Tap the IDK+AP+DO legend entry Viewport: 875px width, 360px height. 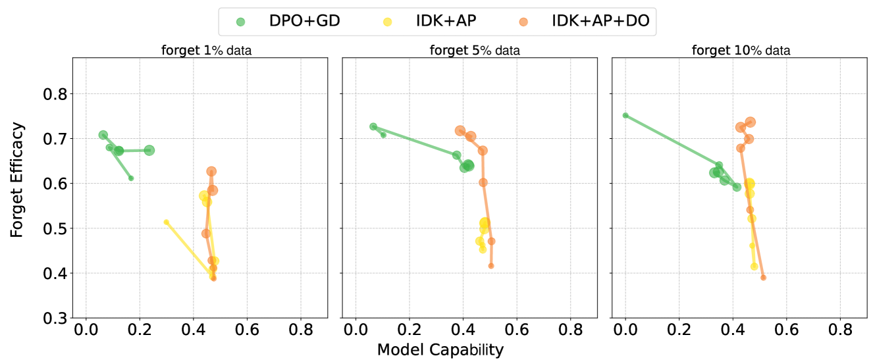(x=579, y=21)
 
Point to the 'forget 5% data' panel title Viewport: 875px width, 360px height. (x=475, y=50)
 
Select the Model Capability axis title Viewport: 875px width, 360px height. (x=440, y=349)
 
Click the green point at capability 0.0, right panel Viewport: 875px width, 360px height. (x=625, y=115)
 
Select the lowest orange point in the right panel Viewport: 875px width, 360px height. (x=763, y=278)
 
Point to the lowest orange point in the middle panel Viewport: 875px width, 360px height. (x=491, y=266)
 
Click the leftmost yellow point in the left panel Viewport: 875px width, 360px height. (x=167, y=222)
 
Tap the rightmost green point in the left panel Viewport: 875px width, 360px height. (x=149, y=150)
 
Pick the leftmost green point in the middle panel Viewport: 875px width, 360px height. (x=373, y=126)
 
